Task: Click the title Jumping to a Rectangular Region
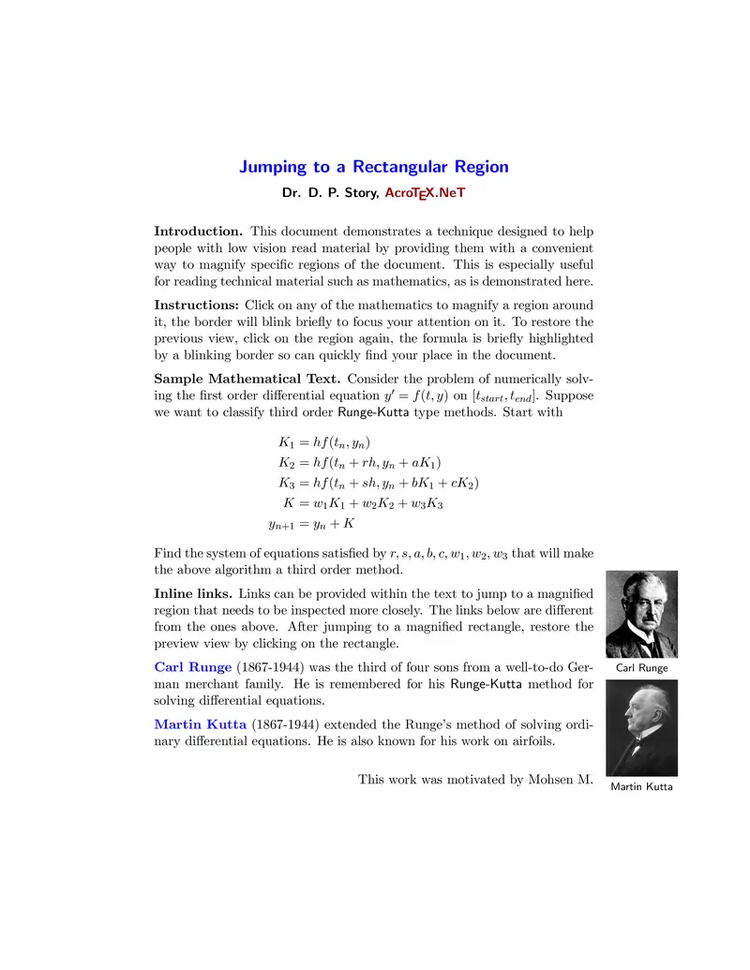tap(374, 167)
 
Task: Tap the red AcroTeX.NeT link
tap(425, 193)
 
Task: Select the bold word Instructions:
tap(197, 305)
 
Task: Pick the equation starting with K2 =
tap(360, 463)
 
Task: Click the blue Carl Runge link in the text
tap(192, 667)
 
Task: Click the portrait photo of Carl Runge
tap(641, 614)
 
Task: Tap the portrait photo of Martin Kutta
tap(641, 727)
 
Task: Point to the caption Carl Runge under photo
tap(641, 668)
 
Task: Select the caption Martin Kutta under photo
tap(641, 786)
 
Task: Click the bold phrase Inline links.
tap(194, 593)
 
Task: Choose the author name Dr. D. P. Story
tap(329, 193)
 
